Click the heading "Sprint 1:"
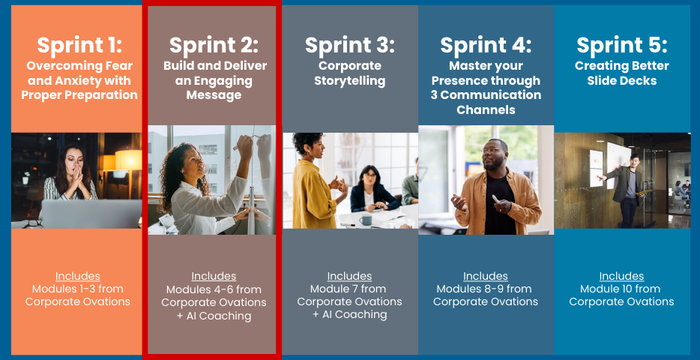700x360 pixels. (x=79, y=45)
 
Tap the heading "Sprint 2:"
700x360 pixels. (x=214, y=45)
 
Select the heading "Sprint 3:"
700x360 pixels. (x=350, y=45)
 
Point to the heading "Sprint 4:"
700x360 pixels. (x=486, y=45)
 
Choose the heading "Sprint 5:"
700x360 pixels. (x=622, y=45)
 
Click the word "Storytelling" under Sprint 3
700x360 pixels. (x=350, y=81)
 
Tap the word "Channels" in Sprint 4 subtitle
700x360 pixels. (x=486, y=109)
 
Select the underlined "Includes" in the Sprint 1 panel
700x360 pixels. (x=78, y=276)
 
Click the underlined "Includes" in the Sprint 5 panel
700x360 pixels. (x=621, y=276)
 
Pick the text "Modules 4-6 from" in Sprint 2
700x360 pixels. (x=214, y=289)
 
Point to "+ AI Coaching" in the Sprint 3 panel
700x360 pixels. (x=349, y=314)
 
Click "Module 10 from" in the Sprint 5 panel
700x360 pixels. (x=621, y=289)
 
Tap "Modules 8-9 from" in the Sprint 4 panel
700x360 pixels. (x=485, y=289)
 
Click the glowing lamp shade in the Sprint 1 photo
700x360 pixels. (x=128, y=160)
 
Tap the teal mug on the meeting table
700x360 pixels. (x=366, y=219)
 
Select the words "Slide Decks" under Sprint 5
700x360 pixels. (x=622, y=81)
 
